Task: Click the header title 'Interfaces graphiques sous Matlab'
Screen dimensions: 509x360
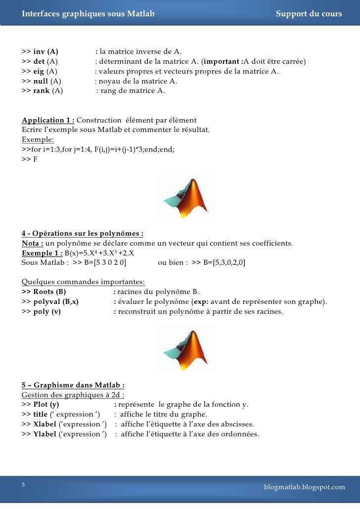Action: coord(88,14)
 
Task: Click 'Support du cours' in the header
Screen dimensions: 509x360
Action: coord(309,14)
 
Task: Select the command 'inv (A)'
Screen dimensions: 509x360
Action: coord(45,51)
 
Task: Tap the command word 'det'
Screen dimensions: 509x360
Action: coord(39,61)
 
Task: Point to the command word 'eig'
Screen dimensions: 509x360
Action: coord(39,71)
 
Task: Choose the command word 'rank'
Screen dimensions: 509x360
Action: coord(41,91)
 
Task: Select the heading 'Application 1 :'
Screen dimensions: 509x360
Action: coord(48,120)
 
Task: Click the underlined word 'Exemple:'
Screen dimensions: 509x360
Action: coord(38,139)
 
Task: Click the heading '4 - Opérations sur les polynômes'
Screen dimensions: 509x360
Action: coord(83,233)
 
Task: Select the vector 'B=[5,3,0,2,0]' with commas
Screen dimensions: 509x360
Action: coord(225,262)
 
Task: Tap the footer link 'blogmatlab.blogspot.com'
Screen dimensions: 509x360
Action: coord(304,487)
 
